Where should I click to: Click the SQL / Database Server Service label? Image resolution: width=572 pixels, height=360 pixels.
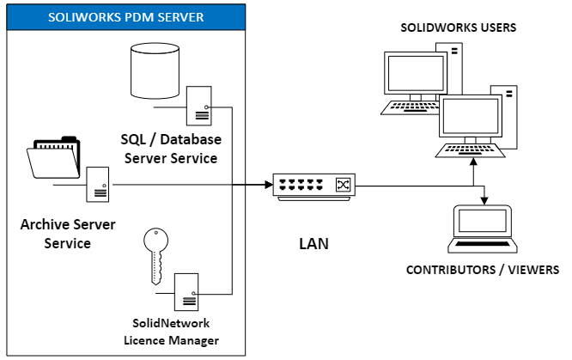coord(170,149)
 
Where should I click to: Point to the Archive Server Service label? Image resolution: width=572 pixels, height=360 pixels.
coord(55,234)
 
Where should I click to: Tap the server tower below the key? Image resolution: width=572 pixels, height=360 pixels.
coord(186,293)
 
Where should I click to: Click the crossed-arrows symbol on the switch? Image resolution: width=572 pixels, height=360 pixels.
coord(343,185)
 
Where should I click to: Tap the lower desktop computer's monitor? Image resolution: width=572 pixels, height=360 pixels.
coord(472,115)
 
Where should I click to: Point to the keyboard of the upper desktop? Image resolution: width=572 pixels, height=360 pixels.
coord(409,107)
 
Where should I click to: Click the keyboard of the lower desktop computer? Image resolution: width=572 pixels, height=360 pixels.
coord(467,149)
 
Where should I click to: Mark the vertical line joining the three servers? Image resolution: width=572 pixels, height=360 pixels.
coord(234,198)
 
